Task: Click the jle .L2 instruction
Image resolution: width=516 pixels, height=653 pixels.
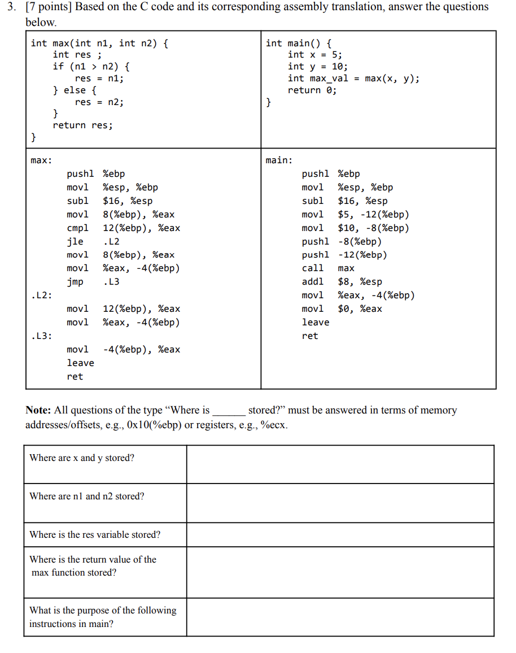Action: point(93,241)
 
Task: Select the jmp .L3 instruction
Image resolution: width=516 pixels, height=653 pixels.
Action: point(93,282)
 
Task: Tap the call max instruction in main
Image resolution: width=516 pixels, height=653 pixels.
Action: point(327,268)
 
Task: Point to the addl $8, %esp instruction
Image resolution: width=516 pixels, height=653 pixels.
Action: point(342,282)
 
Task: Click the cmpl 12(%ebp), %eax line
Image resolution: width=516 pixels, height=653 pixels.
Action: point(123,228)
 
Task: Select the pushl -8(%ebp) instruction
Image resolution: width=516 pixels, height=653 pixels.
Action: point(342,241)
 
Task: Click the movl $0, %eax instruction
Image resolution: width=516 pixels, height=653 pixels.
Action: point(342,309)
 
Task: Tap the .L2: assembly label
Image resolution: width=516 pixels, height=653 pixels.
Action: point(41,295)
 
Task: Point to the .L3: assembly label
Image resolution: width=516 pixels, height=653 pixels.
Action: point(41,336)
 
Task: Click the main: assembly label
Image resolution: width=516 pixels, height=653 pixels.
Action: point(279,160)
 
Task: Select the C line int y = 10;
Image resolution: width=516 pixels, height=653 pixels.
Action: point(314,67)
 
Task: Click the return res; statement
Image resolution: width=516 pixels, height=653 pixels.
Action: point(82,125)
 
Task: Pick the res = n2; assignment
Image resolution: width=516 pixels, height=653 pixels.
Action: point(99,102)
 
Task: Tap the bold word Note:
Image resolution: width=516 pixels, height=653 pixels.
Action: point(38,411)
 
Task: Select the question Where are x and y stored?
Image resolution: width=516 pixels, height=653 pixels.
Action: point(82,458)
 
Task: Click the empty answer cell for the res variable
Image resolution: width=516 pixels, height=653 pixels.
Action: point(340,534)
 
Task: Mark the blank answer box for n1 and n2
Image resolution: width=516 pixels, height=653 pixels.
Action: point(340,502)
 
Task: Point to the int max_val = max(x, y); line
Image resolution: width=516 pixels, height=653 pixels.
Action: point(353,79)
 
